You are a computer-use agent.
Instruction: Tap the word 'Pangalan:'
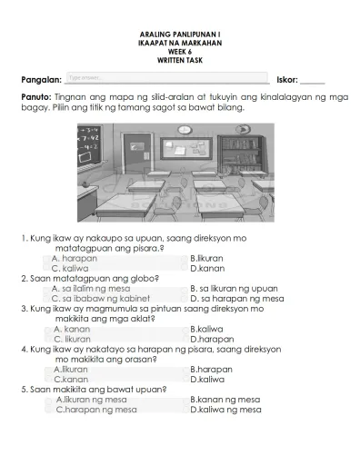click(x=41, y=80)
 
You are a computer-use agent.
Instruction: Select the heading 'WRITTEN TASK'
click(x=181, y=60)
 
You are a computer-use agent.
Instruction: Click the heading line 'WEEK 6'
click(x=181, y=51)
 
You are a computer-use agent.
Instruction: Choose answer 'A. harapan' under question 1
click(x=75, y=258)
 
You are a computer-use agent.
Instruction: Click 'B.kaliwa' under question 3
click(x=207, y=328)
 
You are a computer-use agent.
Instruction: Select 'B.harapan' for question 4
click(x=212, y=369)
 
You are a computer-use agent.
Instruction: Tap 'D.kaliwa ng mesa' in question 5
click(x=226, y=410)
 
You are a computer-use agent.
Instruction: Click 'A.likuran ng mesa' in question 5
click(x=92, y=400)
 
